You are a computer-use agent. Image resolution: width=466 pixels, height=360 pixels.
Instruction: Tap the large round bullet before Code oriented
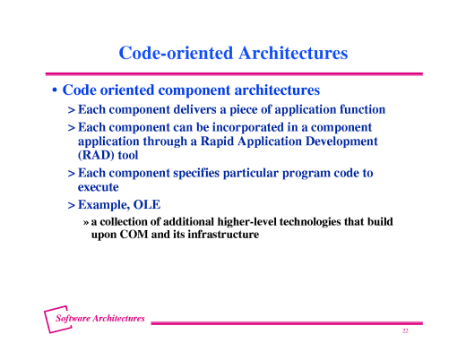[x=55, y=91]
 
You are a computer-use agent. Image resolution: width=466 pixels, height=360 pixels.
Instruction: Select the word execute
[x=99, y=187]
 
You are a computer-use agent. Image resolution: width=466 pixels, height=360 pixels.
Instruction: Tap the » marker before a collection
[x=85, y=221]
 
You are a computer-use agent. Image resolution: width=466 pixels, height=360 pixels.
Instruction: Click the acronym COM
[x=139, y=235]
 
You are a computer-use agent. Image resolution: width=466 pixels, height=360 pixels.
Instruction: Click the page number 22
[x=405, y=331]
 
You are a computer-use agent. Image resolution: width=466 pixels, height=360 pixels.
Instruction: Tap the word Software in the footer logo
[x=74, y=319]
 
